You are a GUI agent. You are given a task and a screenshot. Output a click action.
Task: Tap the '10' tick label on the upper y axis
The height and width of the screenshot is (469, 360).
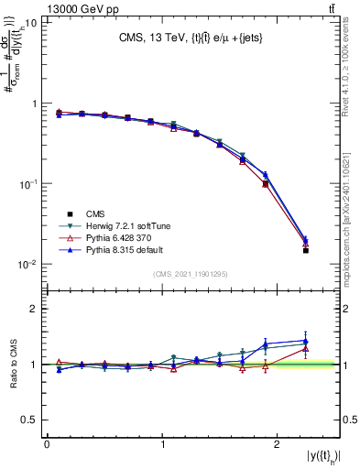click(30, 23)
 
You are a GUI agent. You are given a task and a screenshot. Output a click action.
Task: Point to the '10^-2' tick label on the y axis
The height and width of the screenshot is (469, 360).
click(27, 265)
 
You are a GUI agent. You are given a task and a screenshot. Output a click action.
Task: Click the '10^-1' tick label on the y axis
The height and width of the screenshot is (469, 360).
click(27, 184)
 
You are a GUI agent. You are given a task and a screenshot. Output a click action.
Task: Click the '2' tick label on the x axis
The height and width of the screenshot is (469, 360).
click(278, 444)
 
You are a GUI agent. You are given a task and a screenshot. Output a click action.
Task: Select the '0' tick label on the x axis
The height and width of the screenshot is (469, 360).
click(47, 444)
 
